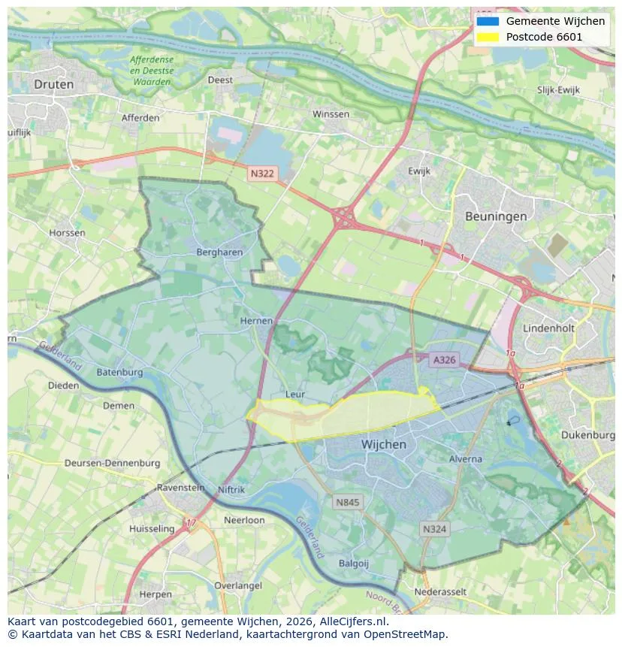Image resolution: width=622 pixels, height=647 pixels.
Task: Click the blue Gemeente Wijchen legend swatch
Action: pyautogui.click(x=487, y=21)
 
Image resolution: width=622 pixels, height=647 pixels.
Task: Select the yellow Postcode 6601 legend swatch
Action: pyautogui.click(x=487, y=37)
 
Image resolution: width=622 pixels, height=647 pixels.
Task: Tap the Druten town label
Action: pyautogui.click(x=54, y=84)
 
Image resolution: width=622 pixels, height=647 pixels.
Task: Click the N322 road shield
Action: pyautogui.click(x=262, y=174)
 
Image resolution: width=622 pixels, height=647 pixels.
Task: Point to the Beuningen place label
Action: pyautogui.click(x=495, y=216)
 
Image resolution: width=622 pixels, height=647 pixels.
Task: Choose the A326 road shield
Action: pyautogui.click(x=444, y=360)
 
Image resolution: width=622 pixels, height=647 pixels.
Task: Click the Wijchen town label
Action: pyautogui.click(x=383, y=444)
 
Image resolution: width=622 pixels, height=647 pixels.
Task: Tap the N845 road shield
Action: pyautogui.click(x=348, y=502)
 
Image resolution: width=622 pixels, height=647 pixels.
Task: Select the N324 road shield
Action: pyautogui.click(x=434, y=529)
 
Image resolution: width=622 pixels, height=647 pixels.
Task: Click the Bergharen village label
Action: pyautogui.click(x=219, y=252)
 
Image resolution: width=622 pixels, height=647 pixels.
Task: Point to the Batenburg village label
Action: pyautogui.click(x=119, y=373)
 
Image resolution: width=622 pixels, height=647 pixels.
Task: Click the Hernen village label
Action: pyautogui.click(x=256, y=321)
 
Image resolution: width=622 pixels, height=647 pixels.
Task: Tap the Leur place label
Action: pyautogui.click(x=295, y=394)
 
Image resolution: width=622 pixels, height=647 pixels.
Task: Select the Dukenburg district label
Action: pyautogui.click(x=587, y=435)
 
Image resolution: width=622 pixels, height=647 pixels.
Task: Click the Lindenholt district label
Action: pyautogui.click(x=549, y=329)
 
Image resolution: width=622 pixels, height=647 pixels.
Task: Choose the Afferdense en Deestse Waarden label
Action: pyautogui.click(x=151, y=71)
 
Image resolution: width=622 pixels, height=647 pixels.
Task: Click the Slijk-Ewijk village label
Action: pyautogui.click(x=558, y=90)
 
